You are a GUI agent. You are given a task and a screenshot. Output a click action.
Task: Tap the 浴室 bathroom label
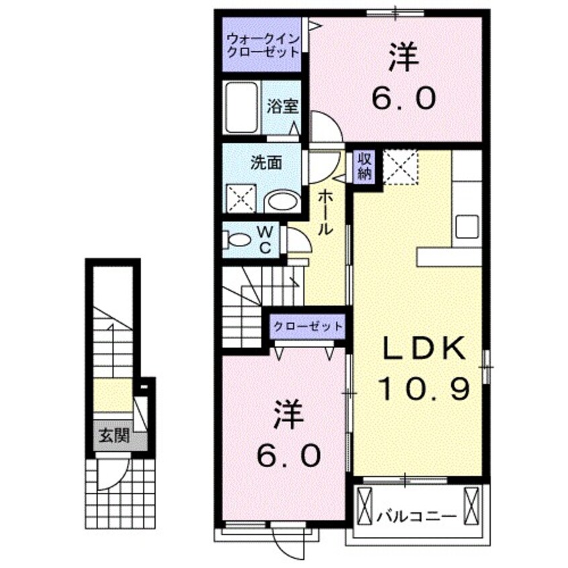pyautogui.click(x=278, y=106)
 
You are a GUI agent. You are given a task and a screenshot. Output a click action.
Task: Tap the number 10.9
pyautogui.click(x=423, y=388)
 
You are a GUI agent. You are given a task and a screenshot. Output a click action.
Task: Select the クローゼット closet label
pyautogui.click(x=307, y=326)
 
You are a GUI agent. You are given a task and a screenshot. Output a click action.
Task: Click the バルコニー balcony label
pyautogui.click(x=416, y=516)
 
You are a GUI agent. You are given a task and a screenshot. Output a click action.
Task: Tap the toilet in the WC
pyautogui.click(x=238, y=240)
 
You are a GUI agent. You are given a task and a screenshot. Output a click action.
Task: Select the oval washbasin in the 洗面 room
pyautogui.click(x=283, y=201)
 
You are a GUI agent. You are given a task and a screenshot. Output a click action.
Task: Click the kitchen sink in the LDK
pyautogui.click(x=467, y=227)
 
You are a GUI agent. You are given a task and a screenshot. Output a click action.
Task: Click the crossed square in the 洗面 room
pyautogui.click(x=240, y=199)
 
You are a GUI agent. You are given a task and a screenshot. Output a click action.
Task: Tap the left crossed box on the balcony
pyautogui.click(x=365, y=506)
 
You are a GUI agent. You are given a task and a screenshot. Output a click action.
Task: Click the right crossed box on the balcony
pyautogui.click(x=472, y=506)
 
